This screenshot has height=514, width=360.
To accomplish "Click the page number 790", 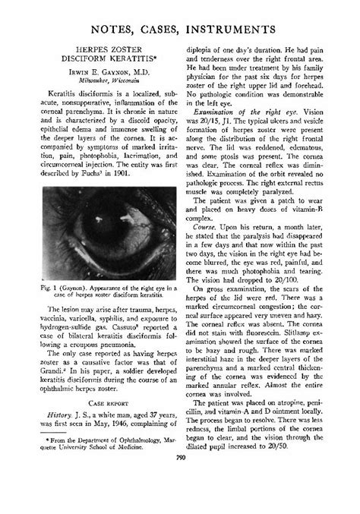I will click(x=180, y=499).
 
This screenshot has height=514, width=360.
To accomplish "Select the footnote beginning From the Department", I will click(x=101, y=464).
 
